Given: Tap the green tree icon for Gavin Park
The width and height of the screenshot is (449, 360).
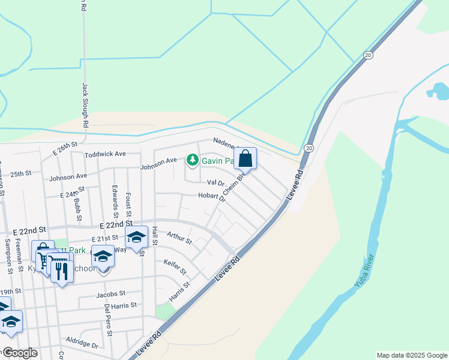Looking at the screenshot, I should (192, 160).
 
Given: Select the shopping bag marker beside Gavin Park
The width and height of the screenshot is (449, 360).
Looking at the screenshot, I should (246, 159).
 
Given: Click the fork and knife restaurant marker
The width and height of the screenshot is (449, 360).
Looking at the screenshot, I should (61, 272).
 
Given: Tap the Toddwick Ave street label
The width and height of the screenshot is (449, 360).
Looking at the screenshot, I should (105, 154).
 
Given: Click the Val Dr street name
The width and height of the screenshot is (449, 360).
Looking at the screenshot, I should (215, 182).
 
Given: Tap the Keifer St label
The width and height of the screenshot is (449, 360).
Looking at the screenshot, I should (175, 266).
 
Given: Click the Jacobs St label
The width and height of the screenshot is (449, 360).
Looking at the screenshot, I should (110, 294).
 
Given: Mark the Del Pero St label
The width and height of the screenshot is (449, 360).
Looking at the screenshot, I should (107, 315).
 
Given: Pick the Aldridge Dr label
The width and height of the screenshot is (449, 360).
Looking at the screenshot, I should (82, 342).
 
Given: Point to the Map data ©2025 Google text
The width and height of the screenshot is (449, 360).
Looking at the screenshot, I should (411, 355).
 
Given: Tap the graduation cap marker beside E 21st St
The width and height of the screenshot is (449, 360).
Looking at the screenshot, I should (136, 237).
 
